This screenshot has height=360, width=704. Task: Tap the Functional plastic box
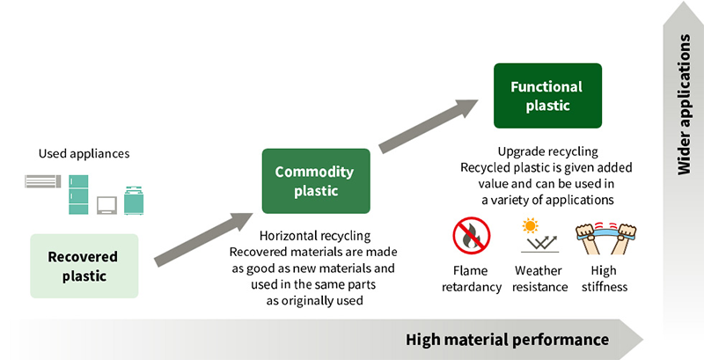(x=547, y=95)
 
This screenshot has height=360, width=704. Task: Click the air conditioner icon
(x=42, y=181)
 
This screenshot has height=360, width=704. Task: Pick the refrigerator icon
(x=79, y=193)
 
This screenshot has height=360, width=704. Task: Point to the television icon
(x=107, y=204)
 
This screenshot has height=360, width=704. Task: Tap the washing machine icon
(x=134, y=200)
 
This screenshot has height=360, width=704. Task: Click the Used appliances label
(x=84, y=154)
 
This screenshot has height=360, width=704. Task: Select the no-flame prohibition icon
(x=471, y=236)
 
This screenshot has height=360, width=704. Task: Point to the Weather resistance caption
(x=538, y=279)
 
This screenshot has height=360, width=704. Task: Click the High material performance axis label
(x=507, y=339)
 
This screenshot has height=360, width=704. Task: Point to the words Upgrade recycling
(x=547, y=151)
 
